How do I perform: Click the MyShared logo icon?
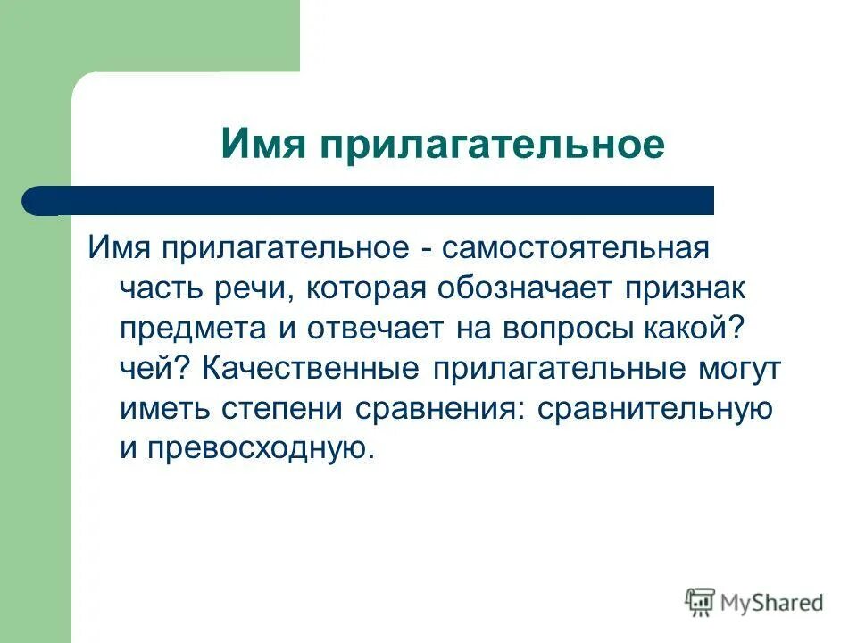pos(701,603)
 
